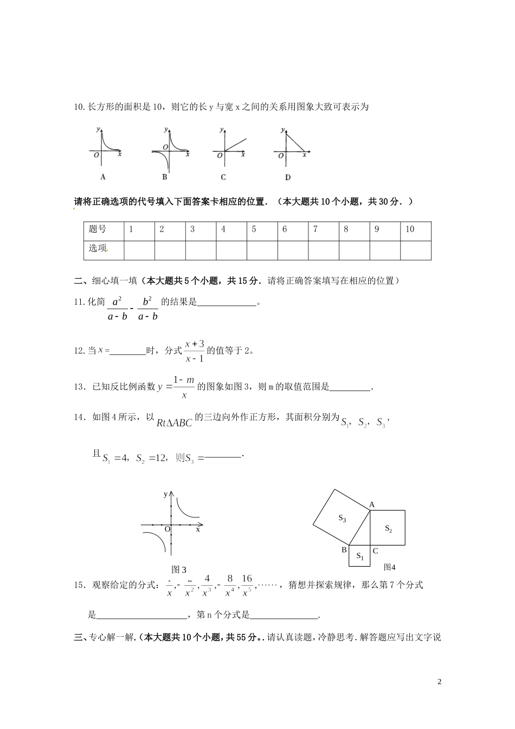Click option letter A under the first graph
(102, 177)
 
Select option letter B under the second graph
(164, 177)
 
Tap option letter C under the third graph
(223, 177)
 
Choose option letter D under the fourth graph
(287, 177)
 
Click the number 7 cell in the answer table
(316, 229)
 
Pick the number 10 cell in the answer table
(410, 229)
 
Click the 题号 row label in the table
(98, 229)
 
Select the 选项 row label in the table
(98, 248)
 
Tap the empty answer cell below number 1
(139, 250)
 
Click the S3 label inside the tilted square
(343, 519)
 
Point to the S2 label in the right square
(388, 528)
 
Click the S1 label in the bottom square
(360, 556)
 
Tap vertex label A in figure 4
(372, 505)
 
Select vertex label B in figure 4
(344, 550)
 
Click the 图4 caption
(389, 567)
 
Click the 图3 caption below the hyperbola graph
(179, 570)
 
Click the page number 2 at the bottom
(440, 681)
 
